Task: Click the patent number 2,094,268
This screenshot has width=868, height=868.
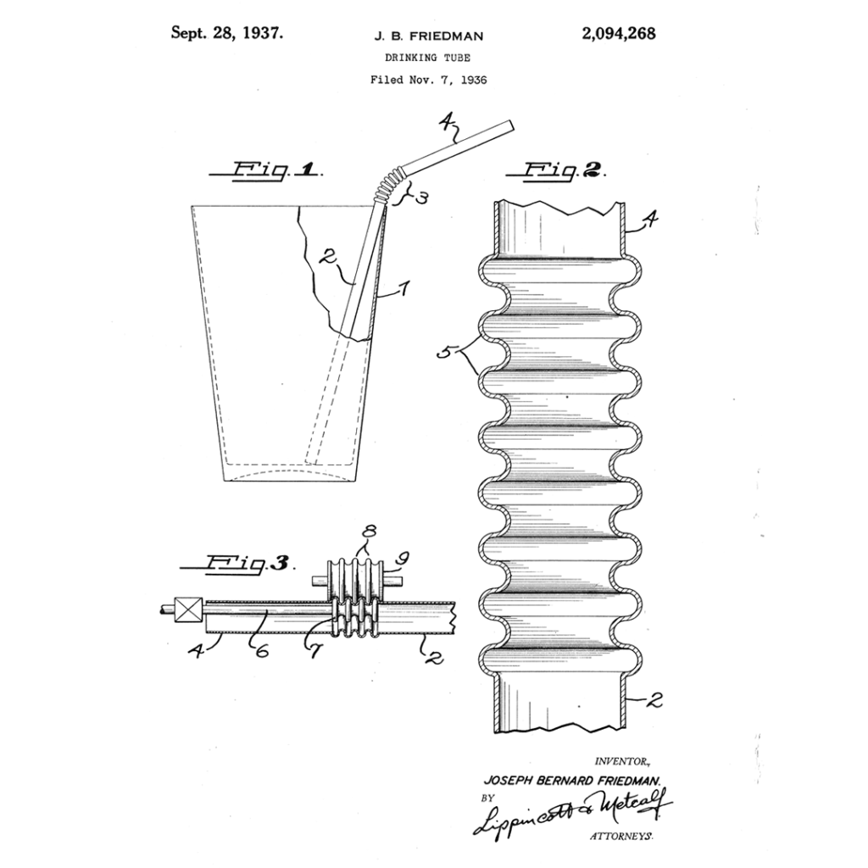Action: click(618, 34)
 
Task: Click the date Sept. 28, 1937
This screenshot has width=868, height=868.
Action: click(226, 33)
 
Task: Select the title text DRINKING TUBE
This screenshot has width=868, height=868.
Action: click(428, 58)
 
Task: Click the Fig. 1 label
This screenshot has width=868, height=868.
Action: click(264, 170)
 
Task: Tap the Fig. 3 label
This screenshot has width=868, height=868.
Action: click(239, 562)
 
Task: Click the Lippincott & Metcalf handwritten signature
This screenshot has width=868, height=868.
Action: click(570, 810)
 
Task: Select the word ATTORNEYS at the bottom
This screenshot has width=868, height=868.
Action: click(620, 836)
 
